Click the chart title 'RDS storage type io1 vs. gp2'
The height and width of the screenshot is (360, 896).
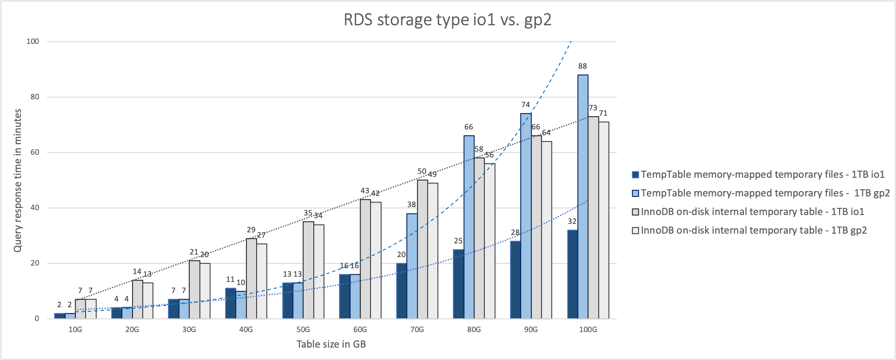click(448, 20)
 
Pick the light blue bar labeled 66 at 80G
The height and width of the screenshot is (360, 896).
click(469, 227)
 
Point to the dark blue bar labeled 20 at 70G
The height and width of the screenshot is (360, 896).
click(401, 291)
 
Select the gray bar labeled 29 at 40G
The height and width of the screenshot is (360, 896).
click(251, 278)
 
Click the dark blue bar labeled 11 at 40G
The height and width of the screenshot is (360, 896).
click(230, 303)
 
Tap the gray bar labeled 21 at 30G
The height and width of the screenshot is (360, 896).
click(194, 290)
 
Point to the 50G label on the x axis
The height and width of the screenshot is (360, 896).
click(303, 330)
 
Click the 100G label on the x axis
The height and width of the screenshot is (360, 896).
click(588, 330)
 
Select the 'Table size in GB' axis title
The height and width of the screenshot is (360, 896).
click(331, 344)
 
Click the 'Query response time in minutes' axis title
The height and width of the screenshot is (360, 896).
click(18, 180)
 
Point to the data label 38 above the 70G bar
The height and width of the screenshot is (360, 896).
click(412, 204)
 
